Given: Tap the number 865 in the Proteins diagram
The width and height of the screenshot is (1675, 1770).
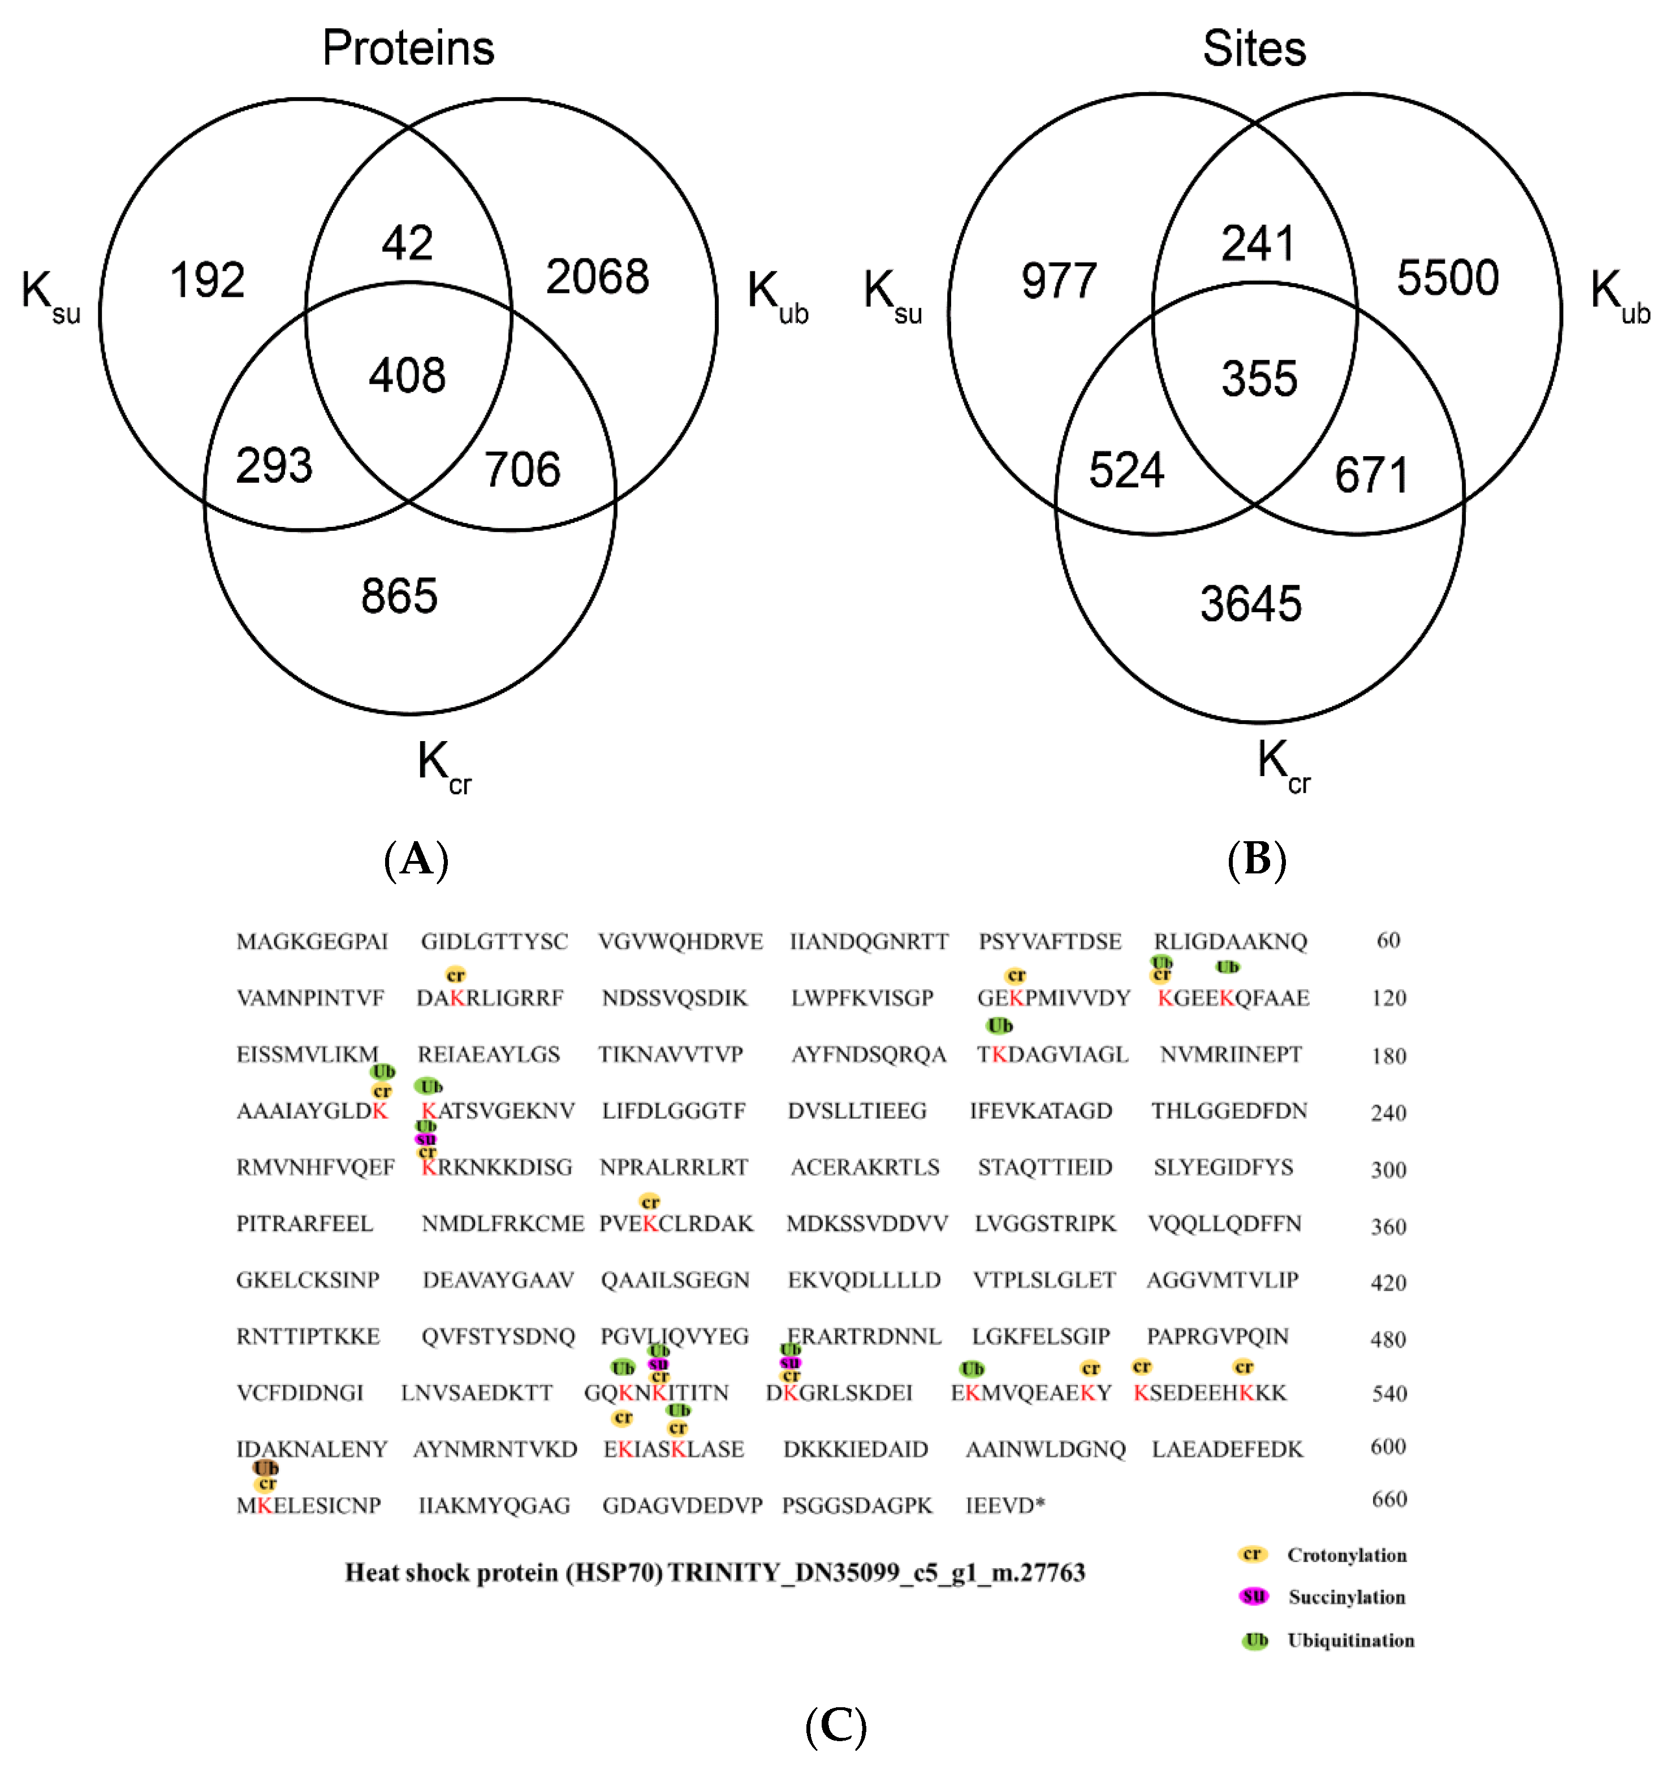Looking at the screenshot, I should pos(399,596).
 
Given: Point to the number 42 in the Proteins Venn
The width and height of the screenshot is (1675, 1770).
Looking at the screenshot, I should pos(407,243).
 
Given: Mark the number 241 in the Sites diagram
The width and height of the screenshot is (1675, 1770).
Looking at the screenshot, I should pos(1257,244).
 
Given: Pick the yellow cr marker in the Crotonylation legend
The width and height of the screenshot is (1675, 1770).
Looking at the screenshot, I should pos(1252,1554).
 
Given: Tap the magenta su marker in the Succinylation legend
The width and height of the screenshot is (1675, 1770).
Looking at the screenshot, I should pos(1253,1596).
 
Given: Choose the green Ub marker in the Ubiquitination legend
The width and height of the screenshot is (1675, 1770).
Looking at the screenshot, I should pos(1255,1639).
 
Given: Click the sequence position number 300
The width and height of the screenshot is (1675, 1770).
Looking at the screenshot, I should pos(1388,1169).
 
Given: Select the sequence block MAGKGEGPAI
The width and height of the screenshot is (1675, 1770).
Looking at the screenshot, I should pos(312,942).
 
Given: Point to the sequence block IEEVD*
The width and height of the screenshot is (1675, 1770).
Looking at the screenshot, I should pos(1004,1506).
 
